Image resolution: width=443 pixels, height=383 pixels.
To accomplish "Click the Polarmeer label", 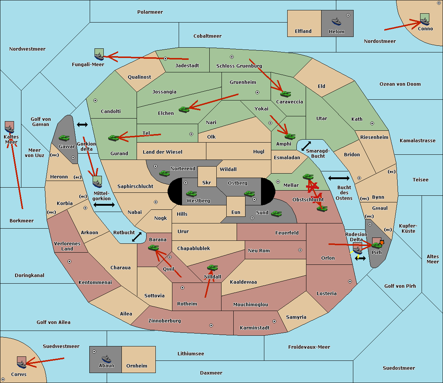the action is point(150,12).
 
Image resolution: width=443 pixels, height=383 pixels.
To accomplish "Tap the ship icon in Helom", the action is point(336,21).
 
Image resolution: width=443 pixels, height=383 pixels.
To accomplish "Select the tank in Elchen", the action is point(184,110).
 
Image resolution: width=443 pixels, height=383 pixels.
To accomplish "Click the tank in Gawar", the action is point(64,138).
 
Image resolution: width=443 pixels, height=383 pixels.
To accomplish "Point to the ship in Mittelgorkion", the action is point(97,184).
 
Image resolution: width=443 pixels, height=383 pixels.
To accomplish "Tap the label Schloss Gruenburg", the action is point(239,66).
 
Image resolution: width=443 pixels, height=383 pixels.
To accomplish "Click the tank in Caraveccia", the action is point(285,94).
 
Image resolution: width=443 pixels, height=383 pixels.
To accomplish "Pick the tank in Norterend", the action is point(164,173).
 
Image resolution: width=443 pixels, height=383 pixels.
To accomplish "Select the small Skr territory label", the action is point(207,182).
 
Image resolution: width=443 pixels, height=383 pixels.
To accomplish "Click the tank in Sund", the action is point(276,213).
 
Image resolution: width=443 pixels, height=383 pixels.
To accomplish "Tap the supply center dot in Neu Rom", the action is point(300,250).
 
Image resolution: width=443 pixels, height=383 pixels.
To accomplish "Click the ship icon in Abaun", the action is point(106,359).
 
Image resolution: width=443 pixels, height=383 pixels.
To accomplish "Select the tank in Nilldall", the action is point(212,268).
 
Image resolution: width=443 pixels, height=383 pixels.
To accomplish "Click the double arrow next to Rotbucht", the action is point(137,237).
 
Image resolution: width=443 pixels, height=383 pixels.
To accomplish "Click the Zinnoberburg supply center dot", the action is point(211,325).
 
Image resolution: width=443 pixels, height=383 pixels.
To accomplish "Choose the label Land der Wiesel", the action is point(162,152).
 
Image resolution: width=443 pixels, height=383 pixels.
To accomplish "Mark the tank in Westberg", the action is point(191,194).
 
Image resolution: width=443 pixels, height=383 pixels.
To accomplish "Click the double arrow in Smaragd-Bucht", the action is point(306,146).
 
